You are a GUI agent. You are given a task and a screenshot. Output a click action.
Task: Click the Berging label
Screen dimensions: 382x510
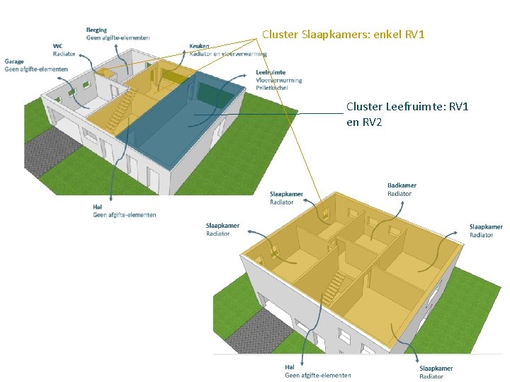(97, 30)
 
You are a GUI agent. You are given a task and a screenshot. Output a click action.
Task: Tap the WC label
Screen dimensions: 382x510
(58, 46)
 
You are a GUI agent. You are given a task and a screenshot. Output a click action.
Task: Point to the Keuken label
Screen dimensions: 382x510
(199, 46)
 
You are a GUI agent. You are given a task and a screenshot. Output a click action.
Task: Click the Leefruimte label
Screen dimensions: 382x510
(271, 72)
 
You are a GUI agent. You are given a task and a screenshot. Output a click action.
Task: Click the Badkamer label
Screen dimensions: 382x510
(402, 185)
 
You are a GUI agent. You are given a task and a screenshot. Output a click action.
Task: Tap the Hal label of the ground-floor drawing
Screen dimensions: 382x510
(97, 207)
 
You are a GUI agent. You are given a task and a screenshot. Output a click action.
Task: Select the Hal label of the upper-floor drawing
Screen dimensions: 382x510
(289, 367)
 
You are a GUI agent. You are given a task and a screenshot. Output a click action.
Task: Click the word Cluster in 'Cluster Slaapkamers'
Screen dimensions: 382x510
(280, 34)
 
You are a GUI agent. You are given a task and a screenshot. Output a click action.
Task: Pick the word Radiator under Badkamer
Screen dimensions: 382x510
(399, 194)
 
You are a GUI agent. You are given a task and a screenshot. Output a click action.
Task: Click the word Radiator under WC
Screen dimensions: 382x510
(64, 54)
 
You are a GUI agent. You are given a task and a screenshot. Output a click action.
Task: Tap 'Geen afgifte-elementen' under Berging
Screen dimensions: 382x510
(118, 37)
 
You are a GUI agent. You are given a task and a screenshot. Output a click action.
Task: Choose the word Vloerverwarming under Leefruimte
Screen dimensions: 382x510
(279, 80)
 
